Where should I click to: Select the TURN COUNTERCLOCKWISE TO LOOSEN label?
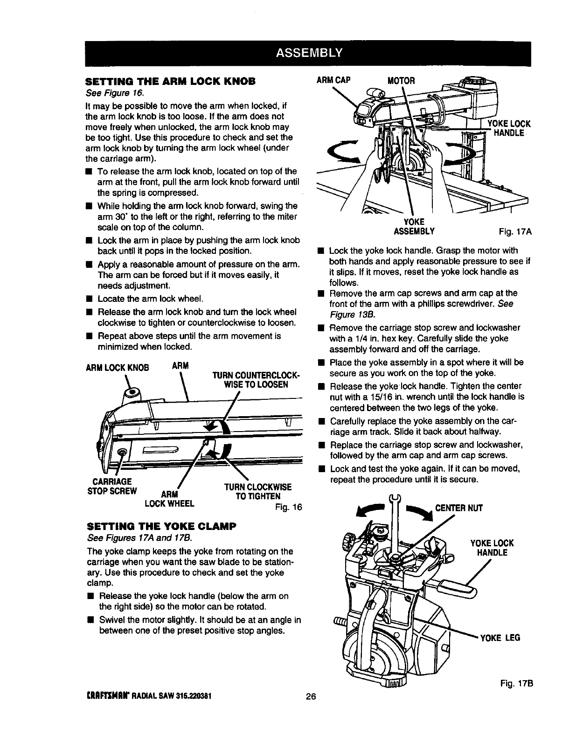[x=255, y=380]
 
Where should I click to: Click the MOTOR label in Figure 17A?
[x=402, y=80]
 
